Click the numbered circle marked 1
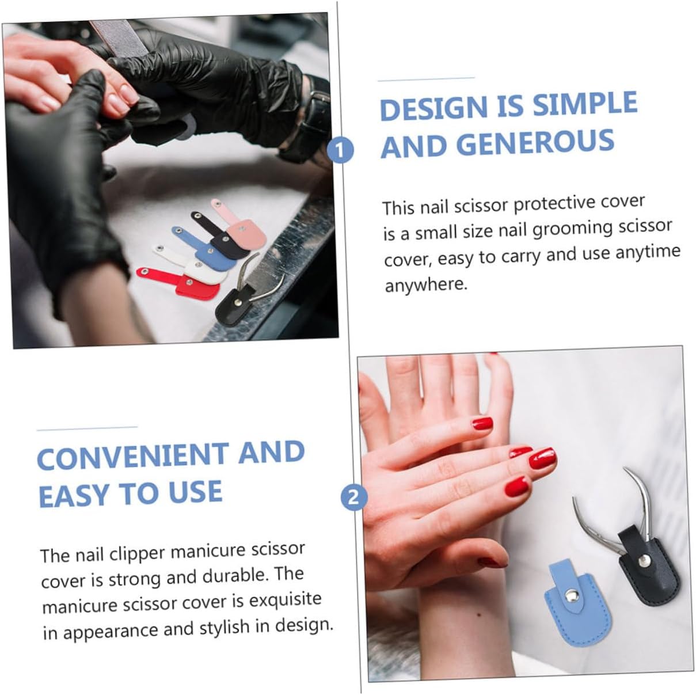tap(340, 150)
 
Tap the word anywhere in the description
tap(425, 285)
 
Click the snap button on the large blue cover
tap(571, 594)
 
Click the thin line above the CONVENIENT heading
tap(87, 428)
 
